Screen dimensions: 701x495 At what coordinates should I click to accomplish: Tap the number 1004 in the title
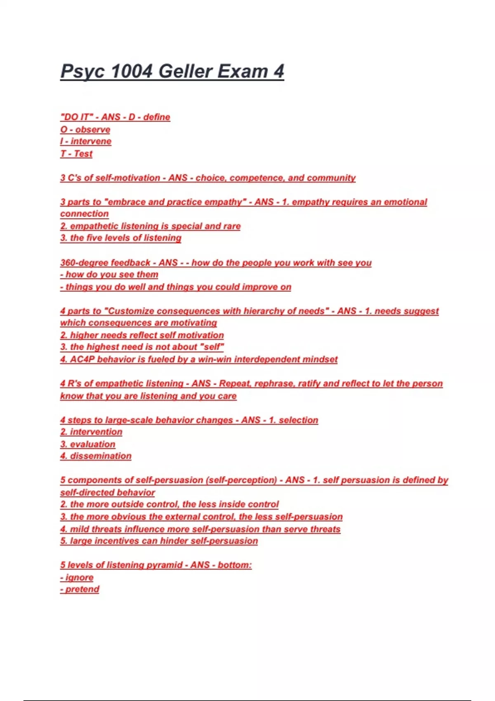click(132, 71)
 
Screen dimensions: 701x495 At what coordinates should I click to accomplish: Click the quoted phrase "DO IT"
click(76, 117)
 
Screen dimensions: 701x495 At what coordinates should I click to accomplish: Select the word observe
click(92, 129)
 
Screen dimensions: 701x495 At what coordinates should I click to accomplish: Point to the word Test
click(83, 154)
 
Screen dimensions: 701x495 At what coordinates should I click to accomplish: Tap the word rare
click(232, 226)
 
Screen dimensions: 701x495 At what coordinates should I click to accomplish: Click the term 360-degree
click(85, 263)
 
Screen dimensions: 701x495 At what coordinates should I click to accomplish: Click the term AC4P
click(82, 359)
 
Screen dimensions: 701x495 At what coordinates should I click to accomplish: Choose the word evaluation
click(92, 444)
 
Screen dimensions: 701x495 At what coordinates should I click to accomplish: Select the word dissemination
click(101, 456)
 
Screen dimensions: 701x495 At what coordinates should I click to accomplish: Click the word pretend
click(82, 589)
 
